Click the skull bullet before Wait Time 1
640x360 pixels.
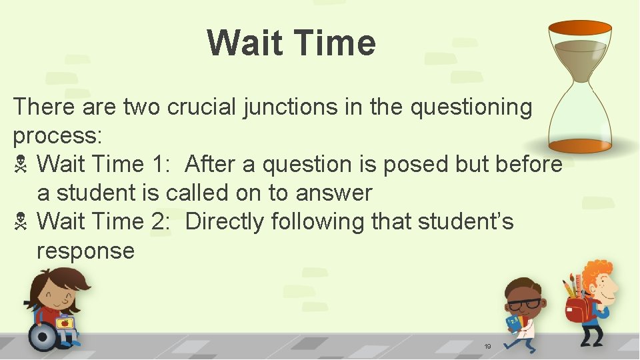pyautogui.click(x=20, y=165)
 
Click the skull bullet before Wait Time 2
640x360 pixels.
pyautogui.click(x=20, y=221)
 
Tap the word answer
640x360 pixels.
pyautogui.click(x=333, y=193)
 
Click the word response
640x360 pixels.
pyautogui.click(x=85, y=251)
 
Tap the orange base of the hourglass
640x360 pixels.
pyautogui.click(x=579, y=145)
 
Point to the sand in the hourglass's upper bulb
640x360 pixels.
pyautogui.click(x=579, y=53)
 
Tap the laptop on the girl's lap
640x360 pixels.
pyautogui.click(x=65, y=324)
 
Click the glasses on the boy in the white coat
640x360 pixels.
pyautogui.click(x=525, y=304)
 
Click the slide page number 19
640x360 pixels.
pyautogui.click(x=487, y=347)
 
